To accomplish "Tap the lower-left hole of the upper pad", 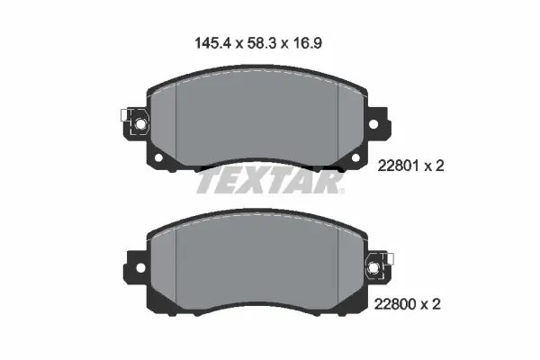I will (x=161, y=159).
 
